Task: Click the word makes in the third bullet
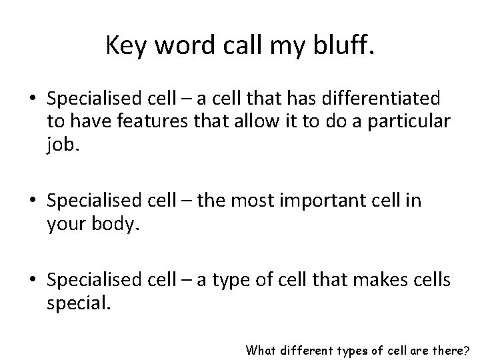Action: (380, 282)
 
